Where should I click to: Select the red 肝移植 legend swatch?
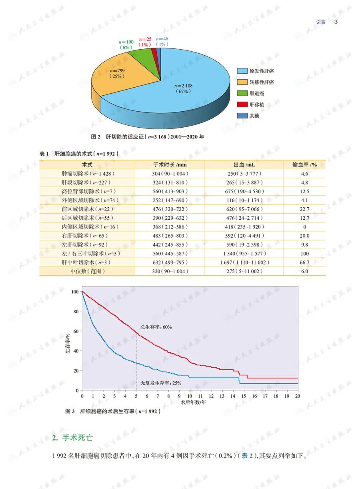[242, 104]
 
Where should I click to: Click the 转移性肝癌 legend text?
[262, 82]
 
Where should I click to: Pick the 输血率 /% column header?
[304, 165]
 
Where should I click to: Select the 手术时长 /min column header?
[170, 165]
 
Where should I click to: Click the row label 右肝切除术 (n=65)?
[87, 236]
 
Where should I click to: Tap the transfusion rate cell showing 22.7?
[304, 209]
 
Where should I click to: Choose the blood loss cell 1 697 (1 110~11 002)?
[244, 263]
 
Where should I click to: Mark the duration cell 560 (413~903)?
[170, 191]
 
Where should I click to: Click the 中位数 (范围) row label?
[87, 271]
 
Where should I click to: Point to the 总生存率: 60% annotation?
[156, 327]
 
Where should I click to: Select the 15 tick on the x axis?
[243, 396]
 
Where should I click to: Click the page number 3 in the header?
[336, 22]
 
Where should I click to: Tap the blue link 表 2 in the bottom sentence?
[247, 457]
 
